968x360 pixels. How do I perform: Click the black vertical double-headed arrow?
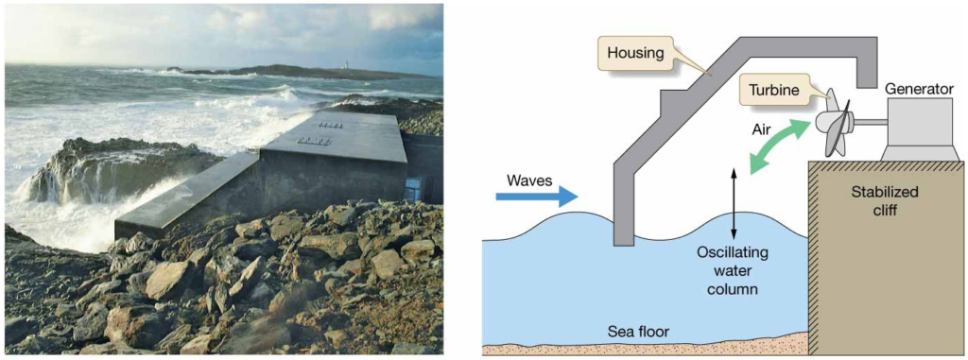pos(735,204)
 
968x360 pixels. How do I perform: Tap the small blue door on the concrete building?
pos(413,188)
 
